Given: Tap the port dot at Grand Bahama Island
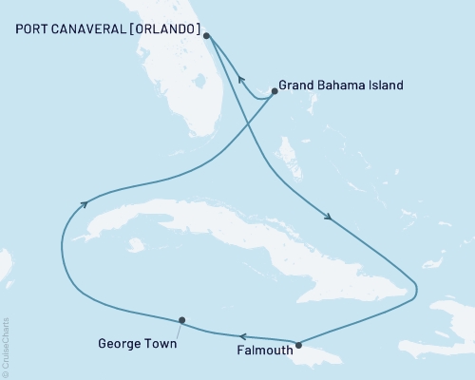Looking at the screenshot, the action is coord(275,91).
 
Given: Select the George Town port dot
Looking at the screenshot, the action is coord(181,320).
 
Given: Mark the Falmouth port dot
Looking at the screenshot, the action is coord(298,345).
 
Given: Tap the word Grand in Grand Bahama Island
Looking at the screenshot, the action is coord(299,85).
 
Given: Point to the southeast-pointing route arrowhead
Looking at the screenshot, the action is coord(329,218).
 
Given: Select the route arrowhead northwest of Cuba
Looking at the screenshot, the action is coord(85,201).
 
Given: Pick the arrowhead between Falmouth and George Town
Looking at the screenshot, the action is coord(241,335).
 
